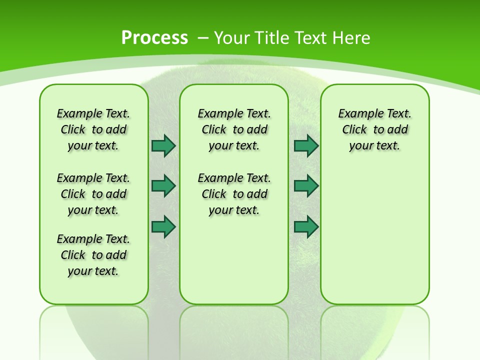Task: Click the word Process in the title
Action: click(154, 37)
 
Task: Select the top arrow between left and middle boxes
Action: click(163, 145)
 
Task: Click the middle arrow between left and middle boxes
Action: click(163, 186)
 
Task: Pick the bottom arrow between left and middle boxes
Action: click(163, 226)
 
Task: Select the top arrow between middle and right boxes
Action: click(306, 145)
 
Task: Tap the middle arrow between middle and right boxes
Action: click(306, 186)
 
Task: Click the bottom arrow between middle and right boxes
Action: click(306, 226)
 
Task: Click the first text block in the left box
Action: click(93, 129)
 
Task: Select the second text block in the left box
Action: click(93, 194)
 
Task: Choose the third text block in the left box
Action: click(93, 255)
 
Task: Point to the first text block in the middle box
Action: click(234, 129)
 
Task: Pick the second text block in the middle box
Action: click(234, 194)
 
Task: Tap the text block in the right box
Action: click(375, 129)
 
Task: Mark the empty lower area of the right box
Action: click(375, 235)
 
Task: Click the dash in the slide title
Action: click(203, 37)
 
